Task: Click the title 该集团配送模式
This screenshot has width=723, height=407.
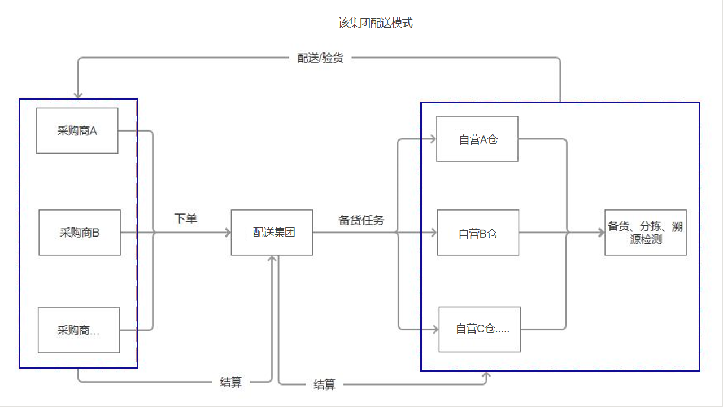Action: pyautogui.click(x=375, y=23)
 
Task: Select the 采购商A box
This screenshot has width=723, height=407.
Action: pyautogui.click(x=77, y=131)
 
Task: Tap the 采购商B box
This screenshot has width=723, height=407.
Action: pyautogui.click(x=80, y=233)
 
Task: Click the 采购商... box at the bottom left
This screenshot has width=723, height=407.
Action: pyautogui.click(x=79, y=330)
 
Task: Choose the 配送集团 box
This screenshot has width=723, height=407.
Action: pyautogui.click(x=272, y=233)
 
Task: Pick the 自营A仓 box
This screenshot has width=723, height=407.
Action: pyautogui.click(x=477, y=139)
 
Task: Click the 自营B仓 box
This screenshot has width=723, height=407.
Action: pyautogui.click(x=478, y=233)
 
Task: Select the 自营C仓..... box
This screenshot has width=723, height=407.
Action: pyautogui.click(x=480, y=329)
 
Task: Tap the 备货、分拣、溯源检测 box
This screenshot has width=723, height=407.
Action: pyautogui.click(x=645, y=233)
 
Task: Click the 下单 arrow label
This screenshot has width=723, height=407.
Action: pyautogui.click(x=186, y=218)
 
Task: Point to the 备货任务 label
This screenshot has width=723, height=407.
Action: pyautogui.click(x=361, y=220)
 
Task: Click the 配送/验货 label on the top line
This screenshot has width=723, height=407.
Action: pyautogui.click(x=320, y=58)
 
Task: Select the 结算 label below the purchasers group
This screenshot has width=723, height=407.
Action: pyautogui.click(x=230, y=382)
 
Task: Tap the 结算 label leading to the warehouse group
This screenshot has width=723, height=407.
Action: pyautogui.click(x=325, y=385)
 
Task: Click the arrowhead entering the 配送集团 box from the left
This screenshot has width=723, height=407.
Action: pyautogui.click(x=228, y=233)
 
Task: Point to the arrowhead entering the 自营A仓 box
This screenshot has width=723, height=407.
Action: pyautogui.click(x=433, y=139)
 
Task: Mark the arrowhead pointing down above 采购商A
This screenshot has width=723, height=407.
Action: pyautogui.click(x=77, y=95)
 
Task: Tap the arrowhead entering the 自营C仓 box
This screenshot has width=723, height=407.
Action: pyautogui.click(x=435, y=329)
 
